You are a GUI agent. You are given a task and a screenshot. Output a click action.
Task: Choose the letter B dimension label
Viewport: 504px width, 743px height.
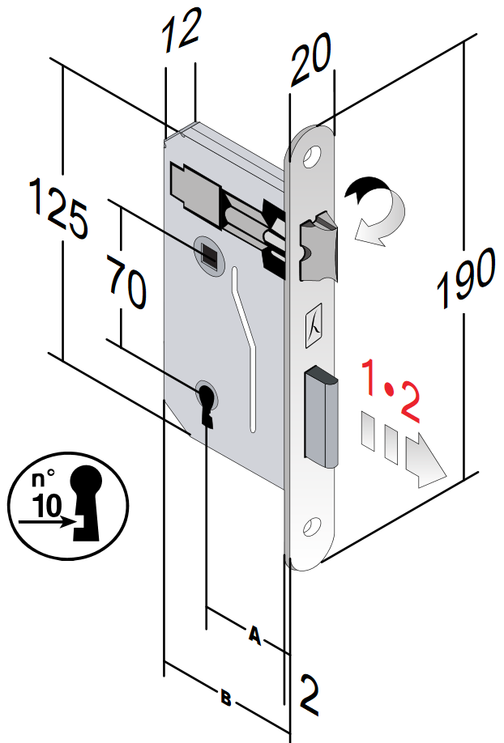[x=227, y=697]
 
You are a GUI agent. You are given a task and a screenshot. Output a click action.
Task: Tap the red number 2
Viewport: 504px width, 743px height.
[x=411, y=405]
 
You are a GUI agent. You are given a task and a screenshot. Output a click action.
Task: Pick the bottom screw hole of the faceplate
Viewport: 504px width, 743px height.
[x=310, y=529]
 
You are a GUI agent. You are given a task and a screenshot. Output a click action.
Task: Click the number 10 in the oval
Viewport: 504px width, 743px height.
[x=48, y=507]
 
